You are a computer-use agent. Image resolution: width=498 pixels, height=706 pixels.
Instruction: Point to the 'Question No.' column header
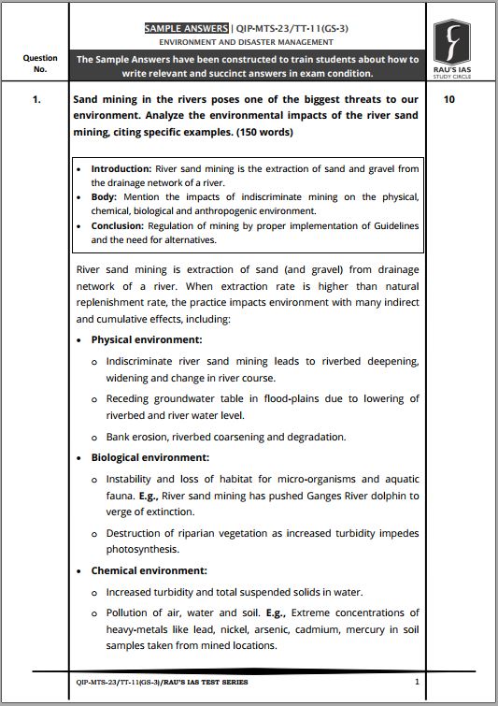pyautogui.click(x=39, y=63)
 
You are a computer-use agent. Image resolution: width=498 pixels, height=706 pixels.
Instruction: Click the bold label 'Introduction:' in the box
pyautogui.click(x=121, y=169)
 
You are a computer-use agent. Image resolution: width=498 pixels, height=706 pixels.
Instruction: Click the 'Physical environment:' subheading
pyautogui.click(x=147, y=340)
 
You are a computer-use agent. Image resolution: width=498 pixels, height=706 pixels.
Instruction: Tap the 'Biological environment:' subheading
pyautogui.click(x=149, y=458)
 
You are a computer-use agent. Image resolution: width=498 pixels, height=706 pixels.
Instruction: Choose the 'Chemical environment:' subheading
pyautogui.click(x=149, y=570)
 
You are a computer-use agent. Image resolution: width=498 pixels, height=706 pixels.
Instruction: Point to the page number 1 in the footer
pyautogui.click(x=417, y=683)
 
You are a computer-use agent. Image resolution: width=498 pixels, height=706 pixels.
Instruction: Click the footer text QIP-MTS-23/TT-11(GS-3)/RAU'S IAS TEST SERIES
pyautogui.click(x=162, y=683)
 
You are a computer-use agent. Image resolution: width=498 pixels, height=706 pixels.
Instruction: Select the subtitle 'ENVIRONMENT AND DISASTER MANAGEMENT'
pyautogui.click(x=246, y=43)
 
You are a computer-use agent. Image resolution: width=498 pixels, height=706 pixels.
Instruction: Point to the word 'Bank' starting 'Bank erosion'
pyautogui.click(x=118, y=437)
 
